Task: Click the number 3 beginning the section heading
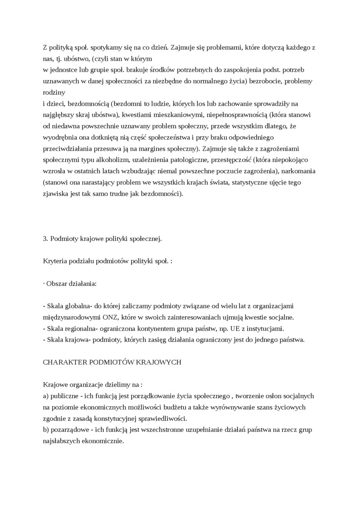click(45, 239)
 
